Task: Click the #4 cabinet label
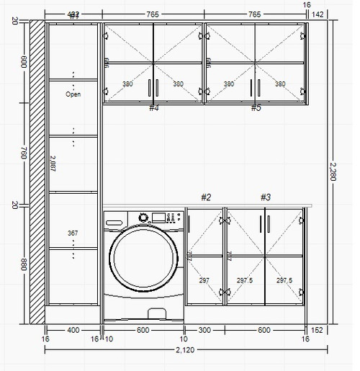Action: pos(153,107)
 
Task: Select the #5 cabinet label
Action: pos(256,107)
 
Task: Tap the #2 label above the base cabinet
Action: pos(206,197)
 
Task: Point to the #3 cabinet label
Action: pos(265,197)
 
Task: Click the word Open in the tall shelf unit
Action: pos(73,94)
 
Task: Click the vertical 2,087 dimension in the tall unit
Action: pos(53,164)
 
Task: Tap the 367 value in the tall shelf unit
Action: pos(73,233)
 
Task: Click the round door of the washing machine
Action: pos(145,259)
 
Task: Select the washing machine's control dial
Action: pos(143,217)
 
